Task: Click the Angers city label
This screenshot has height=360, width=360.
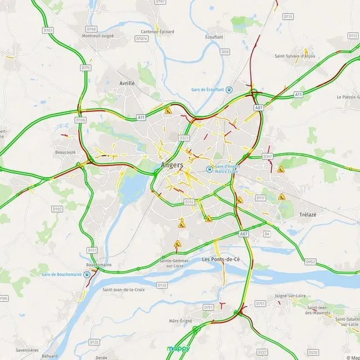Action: (x=172, y=165)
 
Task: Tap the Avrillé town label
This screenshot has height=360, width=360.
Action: (x=127, y=83)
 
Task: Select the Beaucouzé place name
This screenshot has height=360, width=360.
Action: (x=65, y=152)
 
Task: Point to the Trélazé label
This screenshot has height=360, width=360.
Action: (x=309, y=214)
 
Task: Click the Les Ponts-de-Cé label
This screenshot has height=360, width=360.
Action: (x=221, y=259)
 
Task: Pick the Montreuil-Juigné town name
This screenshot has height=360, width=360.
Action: (x=99, y=35)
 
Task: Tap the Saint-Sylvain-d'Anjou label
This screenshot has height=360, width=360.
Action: (x=294, y=56)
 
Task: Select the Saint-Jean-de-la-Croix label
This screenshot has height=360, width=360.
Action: (x=124, y=290)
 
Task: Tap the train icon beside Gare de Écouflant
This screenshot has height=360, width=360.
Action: (x=236, y=89)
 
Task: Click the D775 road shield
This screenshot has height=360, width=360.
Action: (x=85, y=67)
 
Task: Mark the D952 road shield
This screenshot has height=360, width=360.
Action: (x=310, y=262)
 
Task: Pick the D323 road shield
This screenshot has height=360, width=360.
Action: (x=183, y=137)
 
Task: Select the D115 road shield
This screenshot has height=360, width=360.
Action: (x=288, y=17)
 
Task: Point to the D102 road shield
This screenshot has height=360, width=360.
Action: (x=57, y=209)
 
